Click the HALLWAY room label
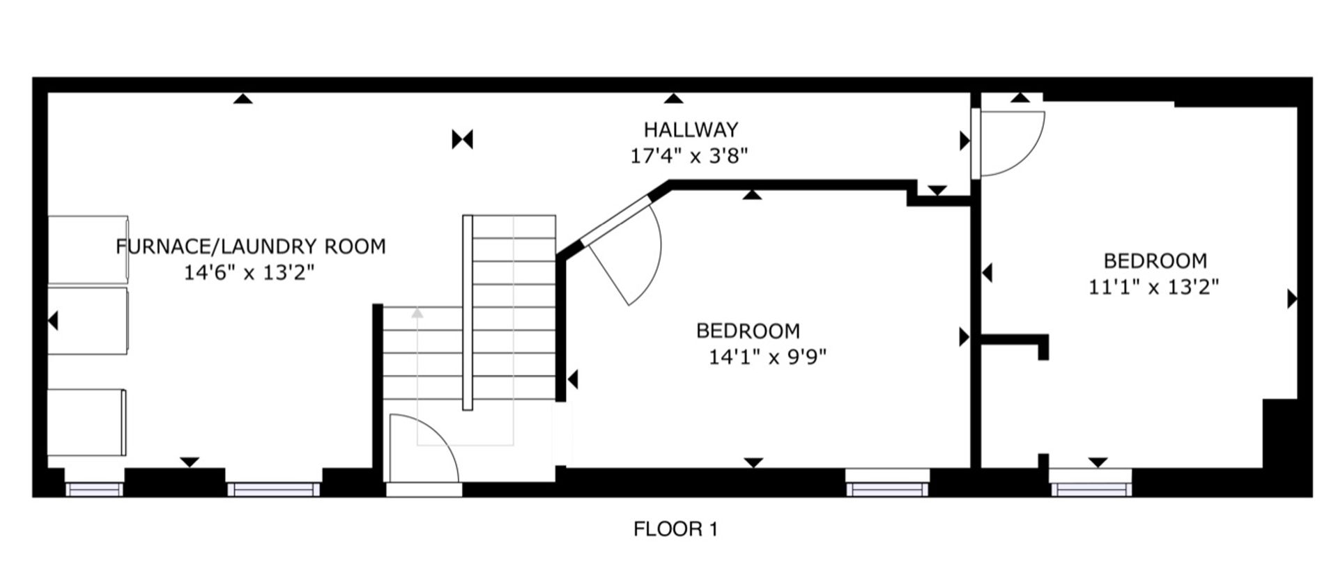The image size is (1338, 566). (x=691, y=129)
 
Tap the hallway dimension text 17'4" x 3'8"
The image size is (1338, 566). (x=689, y=156)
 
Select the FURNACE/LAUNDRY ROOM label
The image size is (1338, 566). (x=251, y=246)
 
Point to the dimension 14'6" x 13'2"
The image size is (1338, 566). (x=249, y=272)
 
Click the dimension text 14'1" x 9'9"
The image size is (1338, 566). (x=767, y=357)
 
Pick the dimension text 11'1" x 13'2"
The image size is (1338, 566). (x=1154, y=287)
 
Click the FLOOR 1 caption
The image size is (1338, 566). (x=675, y=529)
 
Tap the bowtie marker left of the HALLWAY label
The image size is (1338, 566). (x=463, y=139)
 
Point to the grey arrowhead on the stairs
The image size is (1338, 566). (x=417, y=313)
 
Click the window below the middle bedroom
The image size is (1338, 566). (x=887, y=482)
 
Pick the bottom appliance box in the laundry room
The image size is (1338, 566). (x=87, y=423)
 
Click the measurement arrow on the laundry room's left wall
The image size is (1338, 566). (x=52, y=321)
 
